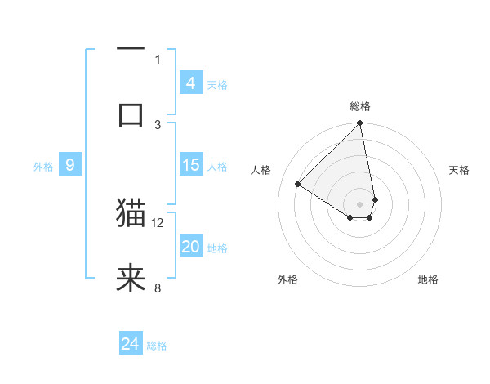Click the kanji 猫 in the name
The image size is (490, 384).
131,214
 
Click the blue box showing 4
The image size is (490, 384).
191,83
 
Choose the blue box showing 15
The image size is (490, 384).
191,165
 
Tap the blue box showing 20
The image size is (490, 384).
191,247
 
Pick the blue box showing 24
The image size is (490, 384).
131,345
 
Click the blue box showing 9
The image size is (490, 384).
70,165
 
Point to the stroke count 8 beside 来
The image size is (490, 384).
158,288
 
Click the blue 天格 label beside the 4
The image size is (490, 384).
217,85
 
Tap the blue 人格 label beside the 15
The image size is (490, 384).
217,167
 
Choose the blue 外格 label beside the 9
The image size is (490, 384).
43,167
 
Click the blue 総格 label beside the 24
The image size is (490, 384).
157,346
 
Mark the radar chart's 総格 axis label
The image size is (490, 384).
360,106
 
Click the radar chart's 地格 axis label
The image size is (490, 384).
428,279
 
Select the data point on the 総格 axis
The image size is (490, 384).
360,124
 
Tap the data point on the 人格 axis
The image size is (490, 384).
298,185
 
